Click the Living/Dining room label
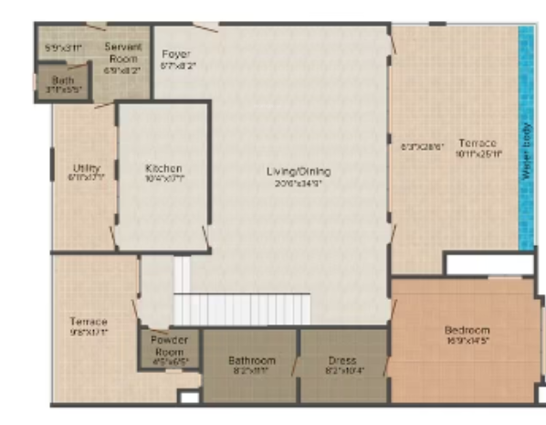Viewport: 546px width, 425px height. coord(298,171)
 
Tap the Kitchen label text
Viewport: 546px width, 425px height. coord(163,168)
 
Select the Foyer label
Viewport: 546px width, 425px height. coord(175,54)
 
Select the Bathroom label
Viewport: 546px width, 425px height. coord(250,360)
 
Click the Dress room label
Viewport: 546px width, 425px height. coord(341,360)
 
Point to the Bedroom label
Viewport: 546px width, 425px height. coord(467,330)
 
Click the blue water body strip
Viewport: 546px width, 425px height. coord(526,137)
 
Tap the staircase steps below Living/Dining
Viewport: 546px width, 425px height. coord(242,308)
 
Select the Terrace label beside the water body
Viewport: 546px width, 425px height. coord(477,143)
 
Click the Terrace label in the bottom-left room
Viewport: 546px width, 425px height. coord(89,322)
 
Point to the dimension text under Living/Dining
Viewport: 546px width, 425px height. coord(298,183)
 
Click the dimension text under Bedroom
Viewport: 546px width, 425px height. coord(467,342)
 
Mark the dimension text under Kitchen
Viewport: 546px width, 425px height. coord(163,180)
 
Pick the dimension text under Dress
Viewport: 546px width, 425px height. coord(341,372)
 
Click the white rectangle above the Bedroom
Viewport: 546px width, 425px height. coord(488,264)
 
